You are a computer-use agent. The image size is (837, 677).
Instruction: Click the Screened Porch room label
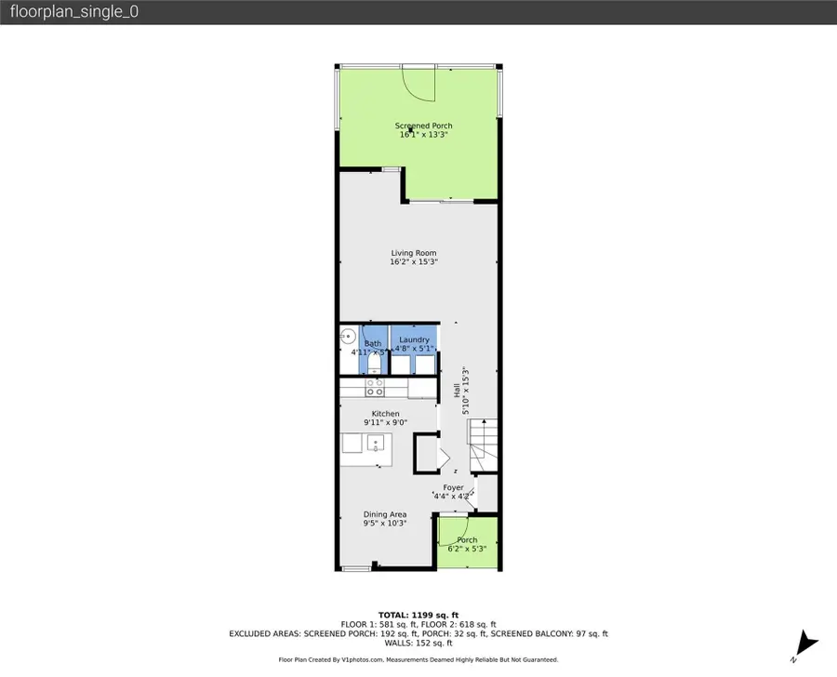[x=423, y=126]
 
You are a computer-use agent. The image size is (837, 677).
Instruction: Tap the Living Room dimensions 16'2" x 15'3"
[x=413, y=263]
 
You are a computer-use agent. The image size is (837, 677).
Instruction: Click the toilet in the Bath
[x=374, y=365]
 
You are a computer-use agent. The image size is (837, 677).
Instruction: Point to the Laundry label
[x=414, y=340]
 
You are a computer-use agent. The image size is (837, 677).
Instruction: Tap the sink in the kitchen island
[x=376, y=442]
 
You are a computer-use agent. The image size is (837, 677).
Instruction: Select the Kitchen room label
[x=385, y=414]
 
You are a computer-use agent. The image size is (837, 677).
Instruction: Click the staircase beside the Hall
[x=484, y=445]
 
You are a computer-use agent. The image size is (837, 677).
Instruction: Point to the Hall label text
[x=457, y=393]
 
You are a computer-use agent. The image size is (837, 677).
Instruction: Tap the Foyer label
[x=453, y=487]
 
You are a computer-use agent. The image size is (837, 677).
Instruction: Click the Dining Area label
[x=384, y=514]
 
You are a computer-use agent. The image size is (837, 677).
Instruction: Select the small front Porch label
[x=467, y=540]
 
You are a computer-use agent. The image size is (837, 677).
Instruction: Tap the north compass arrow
[x=806, y=643]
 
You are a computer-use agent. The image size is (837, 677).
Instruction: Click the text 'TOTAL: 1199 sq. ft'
[x=418, y=615]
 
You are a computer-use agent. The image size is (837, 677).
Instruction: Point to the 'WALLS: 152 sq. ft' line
[x=418, y=643]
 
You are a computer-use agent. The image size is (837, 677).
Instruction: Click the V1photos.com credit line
[x=418, y=660]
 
